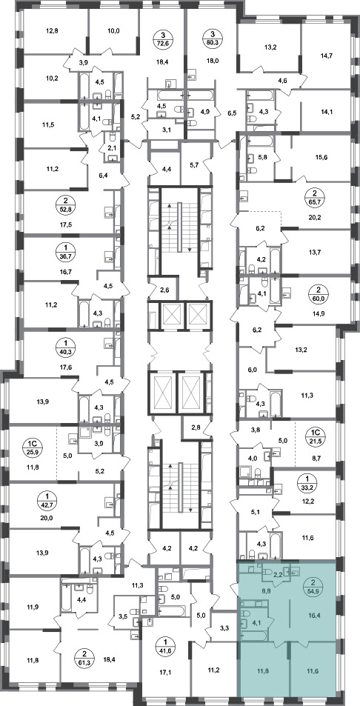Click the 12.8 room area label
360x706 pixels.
53,31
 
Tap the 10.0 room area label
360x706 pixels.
114,31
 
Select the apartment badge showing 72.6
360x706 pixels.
162,39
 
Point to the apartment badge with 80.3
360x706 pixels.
211,39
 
